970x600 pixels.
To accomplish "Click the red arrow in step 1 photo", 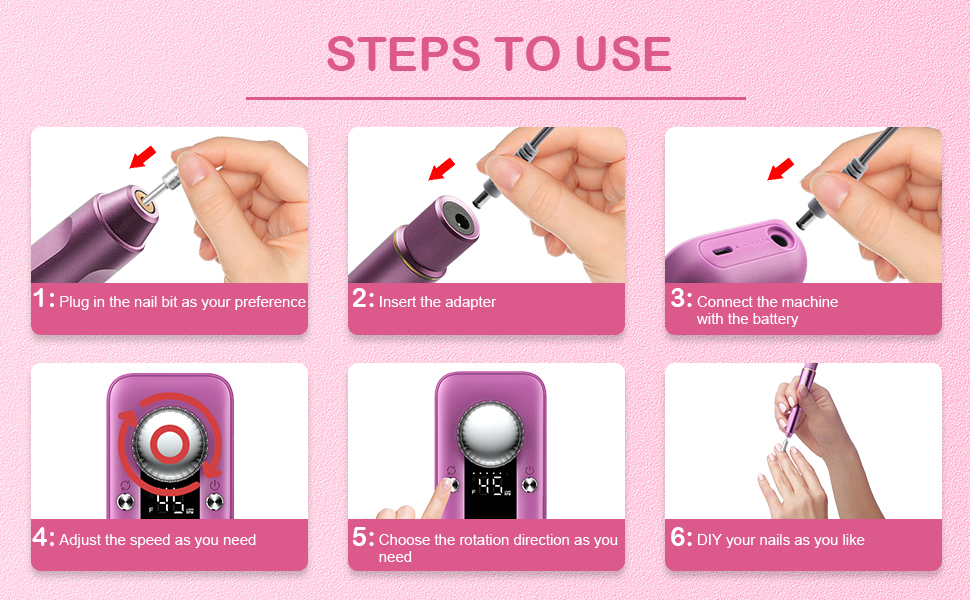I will pos(144,158).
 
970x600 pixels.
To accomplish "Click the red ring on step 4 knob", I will pos(169,443).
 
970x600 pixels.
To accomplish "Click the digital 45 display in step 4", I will pos(170,504).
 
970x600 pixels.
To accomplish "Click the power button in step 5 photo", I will pos(530,488).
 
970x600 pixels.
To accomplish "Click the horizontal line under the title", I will pos(495,98).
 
